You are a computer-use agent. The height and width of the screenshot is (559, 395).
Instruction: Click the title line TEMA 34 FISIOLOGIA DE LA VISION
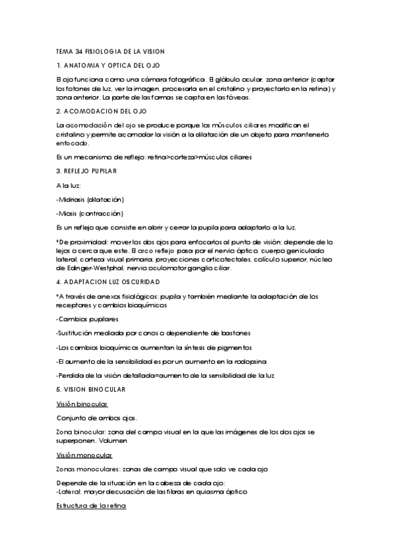pos(110,51)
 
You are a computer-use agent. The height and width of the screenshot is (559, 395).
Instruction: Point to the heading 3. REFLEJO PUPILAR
pos(86,171)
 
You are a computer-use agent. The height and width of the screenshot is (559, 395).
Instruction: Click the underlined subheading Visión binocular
pos(82,403)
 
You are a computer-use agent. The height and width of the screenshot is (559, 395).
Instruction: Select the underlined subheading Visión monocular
pos(84,455)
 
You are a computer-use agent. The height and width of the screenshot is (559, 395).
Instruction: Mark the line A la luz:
pos(69,185)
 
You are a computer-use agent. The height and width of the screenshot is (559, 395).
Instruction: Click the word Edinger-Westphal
pos(96,268)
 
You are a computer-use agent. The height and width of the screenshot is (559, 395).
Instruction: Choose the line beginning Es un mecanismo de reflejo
pos(154,157)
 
